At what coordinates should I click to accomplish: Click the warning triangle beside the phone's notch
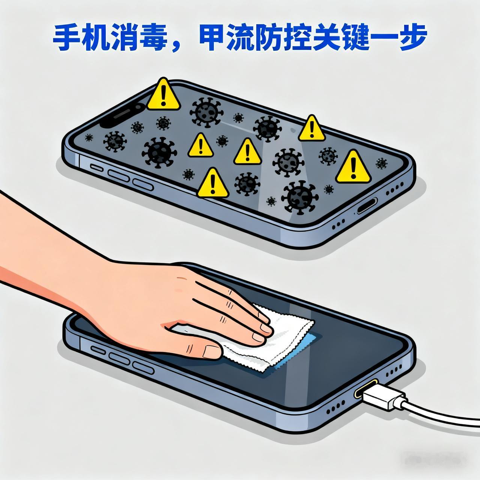pos(163,94)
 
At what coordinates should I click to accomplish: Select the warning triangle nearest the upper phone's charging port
pos(353,167)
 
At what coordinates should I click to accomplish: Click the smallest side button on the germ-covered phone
pos(96,168)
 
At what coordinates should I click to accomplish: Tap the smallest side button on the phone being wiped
pos(97,349)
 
